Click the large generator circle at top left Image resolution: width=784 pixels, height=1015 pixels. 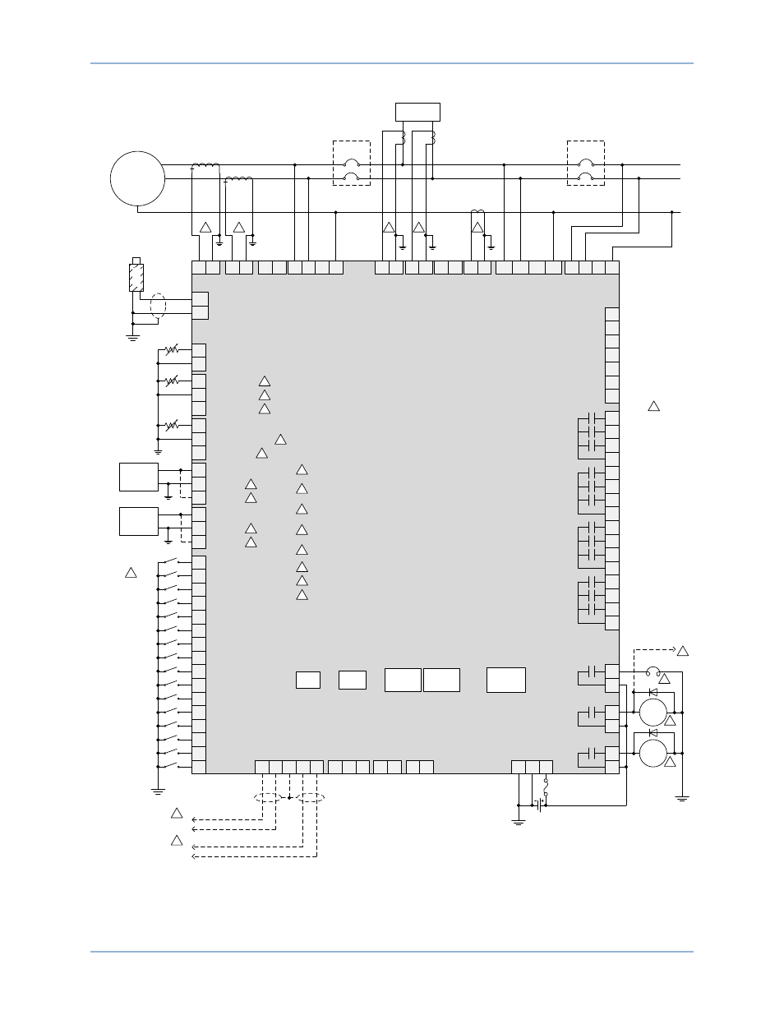pos(138,178)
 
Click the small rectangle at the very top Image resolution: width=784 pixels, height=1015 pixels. pos(417,112)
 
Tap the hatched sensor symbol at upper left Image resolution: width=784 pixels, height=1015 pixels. pos(137,277)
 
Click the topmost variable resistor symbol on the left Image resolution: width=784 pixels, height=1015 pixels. pos(172,350)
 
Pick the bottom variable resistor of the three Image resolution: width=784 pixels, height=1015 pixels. pos(172,426)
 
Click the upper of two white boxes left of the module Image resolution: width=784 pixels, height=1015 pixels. pos(138,477)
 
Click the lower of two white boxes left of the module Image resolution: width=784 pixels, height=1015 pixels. pos(138,521)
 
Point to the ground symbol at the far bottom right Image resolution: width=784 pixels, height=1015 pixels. pos(681,797)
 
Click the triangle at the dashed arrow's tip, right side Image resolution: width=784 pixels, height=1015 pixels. pos(682,651)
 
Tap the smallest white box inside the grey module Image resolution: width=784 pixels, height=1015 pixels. pos(307,680)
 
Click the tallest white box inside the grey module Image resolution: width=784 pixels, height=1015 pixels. pos(505,680)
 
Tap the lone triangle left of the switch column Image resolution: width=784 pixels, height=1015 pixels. pos(131,572)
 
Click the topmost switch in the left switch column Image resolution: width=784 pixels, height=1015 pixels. pos(170,562)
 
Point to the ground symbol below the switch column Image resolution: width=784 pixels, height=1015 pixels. pos(158,791)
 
